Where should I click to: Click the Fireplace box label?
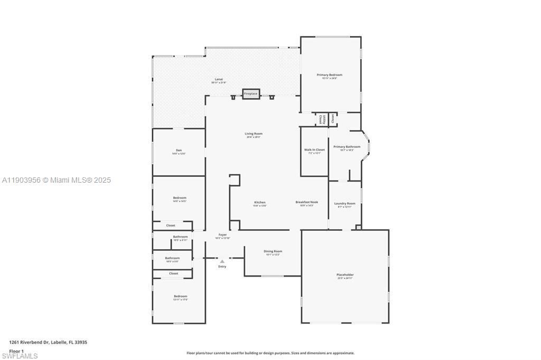(250, 94)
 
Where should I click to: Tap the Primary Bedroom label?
(329, 75)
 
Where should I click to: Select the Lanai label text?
(218, 79)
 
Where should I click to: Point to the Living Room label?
(254, 134)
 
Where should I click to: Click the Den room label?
(179, 150)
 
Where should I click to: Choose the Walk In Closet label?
(314, 150)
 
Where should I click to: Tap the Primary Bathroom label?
(347, 147)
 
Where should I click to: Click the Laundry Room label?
(344, 203)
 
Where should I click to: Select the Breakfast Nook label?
(306, 202)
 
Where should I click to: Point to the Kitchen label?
(259, 202)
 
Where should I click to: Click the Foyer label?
(222, 234)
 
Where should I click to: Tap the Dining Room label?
(273, 251)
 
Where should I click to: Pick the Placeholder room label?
(345, 274)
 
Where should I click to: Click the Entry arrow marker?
(222, 261)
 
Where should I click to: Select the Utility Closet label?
(321, 119)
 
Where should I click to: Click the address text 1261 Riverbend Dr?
(48, 342)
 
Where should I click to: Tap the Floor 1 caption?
(16, 351)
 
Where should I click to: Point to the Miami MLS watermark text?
(56, 180)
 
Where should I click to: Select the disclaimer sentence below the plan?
(270, 353)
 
